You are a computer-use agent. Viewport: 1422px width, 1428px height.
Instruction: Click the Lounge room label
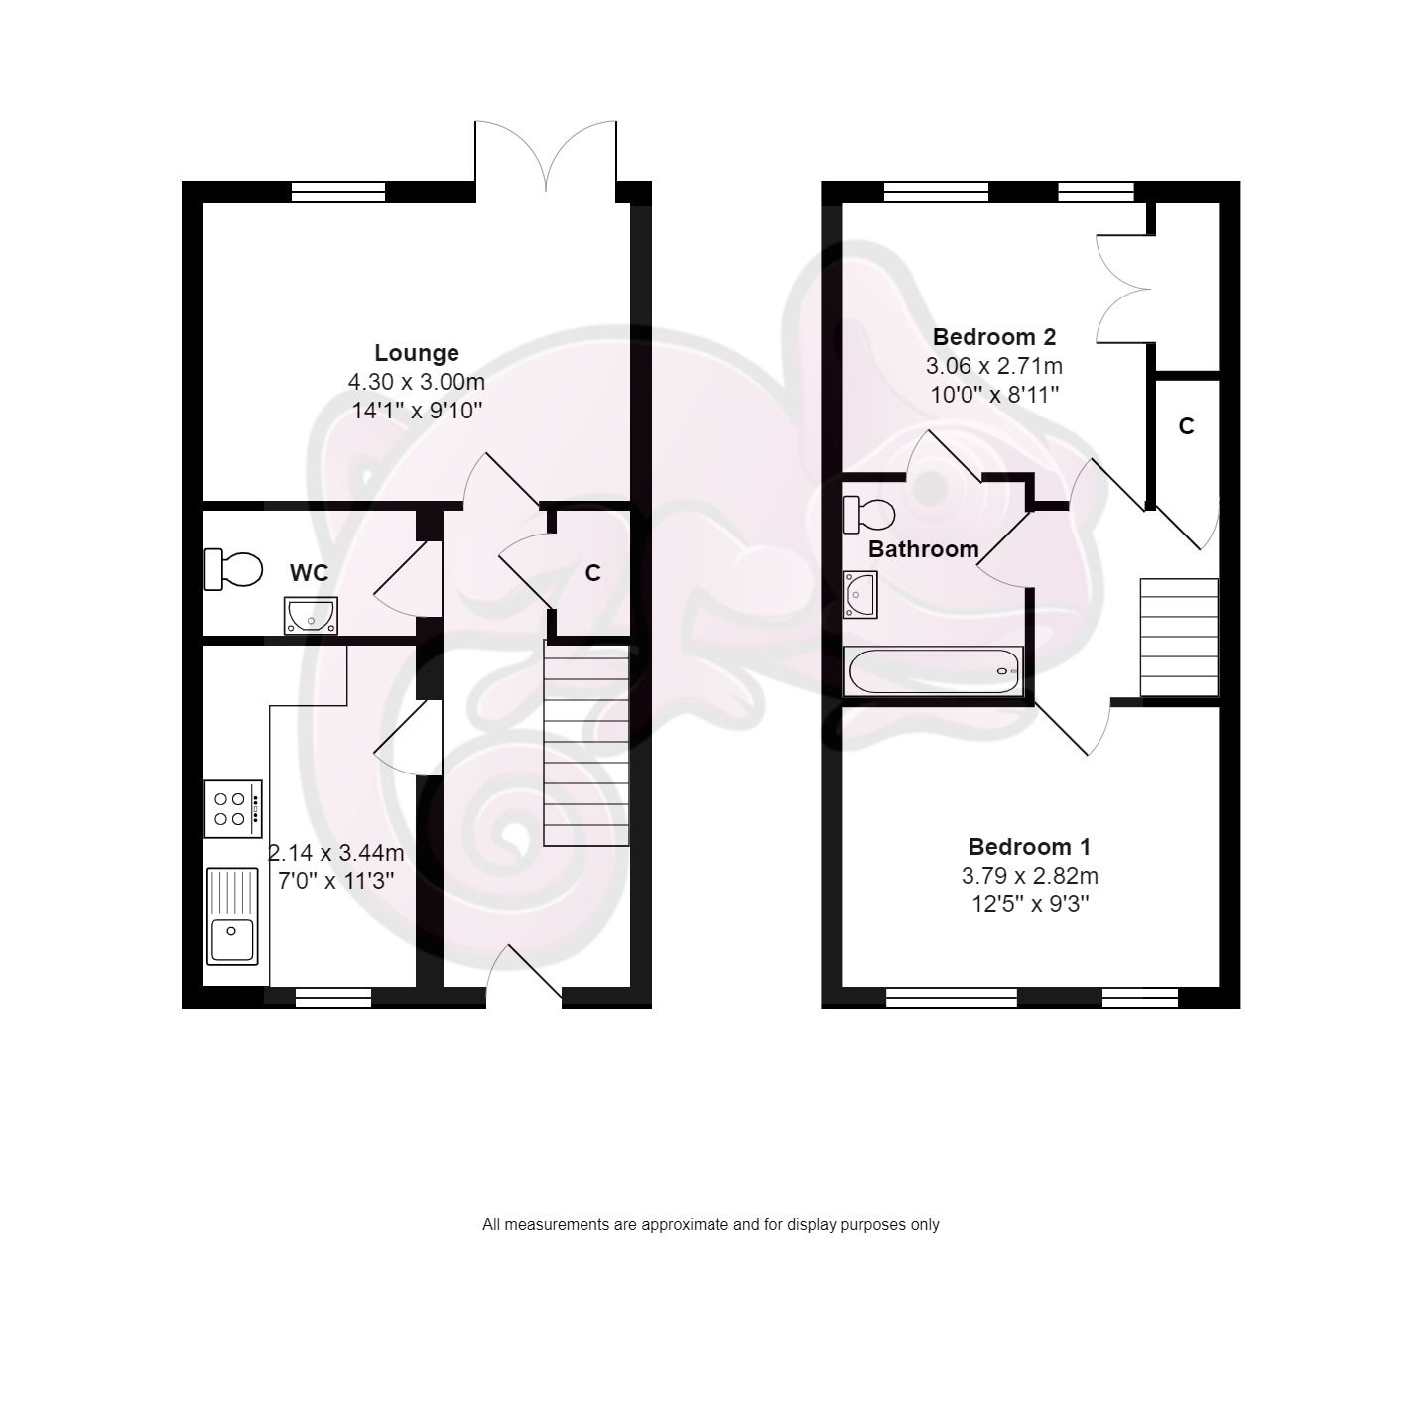click(x=417, y=353)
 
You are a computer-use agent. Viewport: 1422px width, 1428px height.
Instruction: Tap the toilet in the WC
click(x=234, y=569)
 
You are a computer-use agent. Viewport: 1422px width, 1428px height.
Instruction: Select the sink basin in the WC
click(x=311, y=615)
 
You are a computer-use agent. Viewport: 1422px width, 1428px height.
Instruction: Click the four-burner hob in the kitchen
click(x=233, y=809)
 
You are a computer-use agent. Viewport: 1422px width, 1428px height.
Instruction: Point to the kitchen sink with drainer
click(x=232, y=915)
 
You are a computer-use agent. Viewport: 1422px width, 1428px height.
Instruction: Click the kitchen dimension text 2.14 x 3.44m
click(x=336, y=853)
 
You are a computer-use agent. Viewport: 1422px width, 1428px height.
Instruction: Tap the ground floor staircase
click(x=586, y=744)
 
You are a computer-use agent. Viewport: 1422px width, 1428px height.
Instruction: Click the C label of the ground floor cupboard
click(x=592, y=573)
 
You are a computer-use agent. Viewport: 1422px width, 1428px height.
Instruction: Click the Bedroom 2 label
click(x=994, y=336)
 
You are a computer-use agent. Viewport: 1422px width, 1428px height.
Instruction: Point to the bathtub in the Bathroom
click(x=934, y=672)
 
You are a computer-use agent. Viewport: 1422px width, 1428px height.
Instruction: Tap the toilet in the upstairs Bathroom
click(x=869, y=514)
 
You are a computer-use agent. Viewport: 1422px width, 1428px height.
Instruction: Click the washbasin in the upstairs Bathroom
click(x=860, y=594)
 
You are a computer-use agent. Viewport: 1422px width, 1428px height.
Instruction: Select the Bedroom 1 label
click(x=1029, y=847)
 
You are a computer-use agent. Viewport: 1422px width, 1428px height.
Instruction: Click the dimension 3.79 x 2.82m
click(x=1029, y=876)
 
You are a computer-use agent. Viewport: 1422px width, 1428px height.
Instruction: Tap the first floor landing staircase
click(x=1179, y=638)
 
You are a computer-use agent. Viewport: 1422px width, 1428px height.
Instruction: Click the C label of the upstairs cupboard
click(x=1186, y=426)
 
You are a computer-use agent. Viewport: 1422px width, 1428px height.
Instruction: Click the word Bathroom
click(x=924, y=549)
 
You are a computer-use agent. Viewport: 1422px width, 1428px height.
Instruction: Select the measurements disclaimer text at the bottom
click(x=711, y=1225)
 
